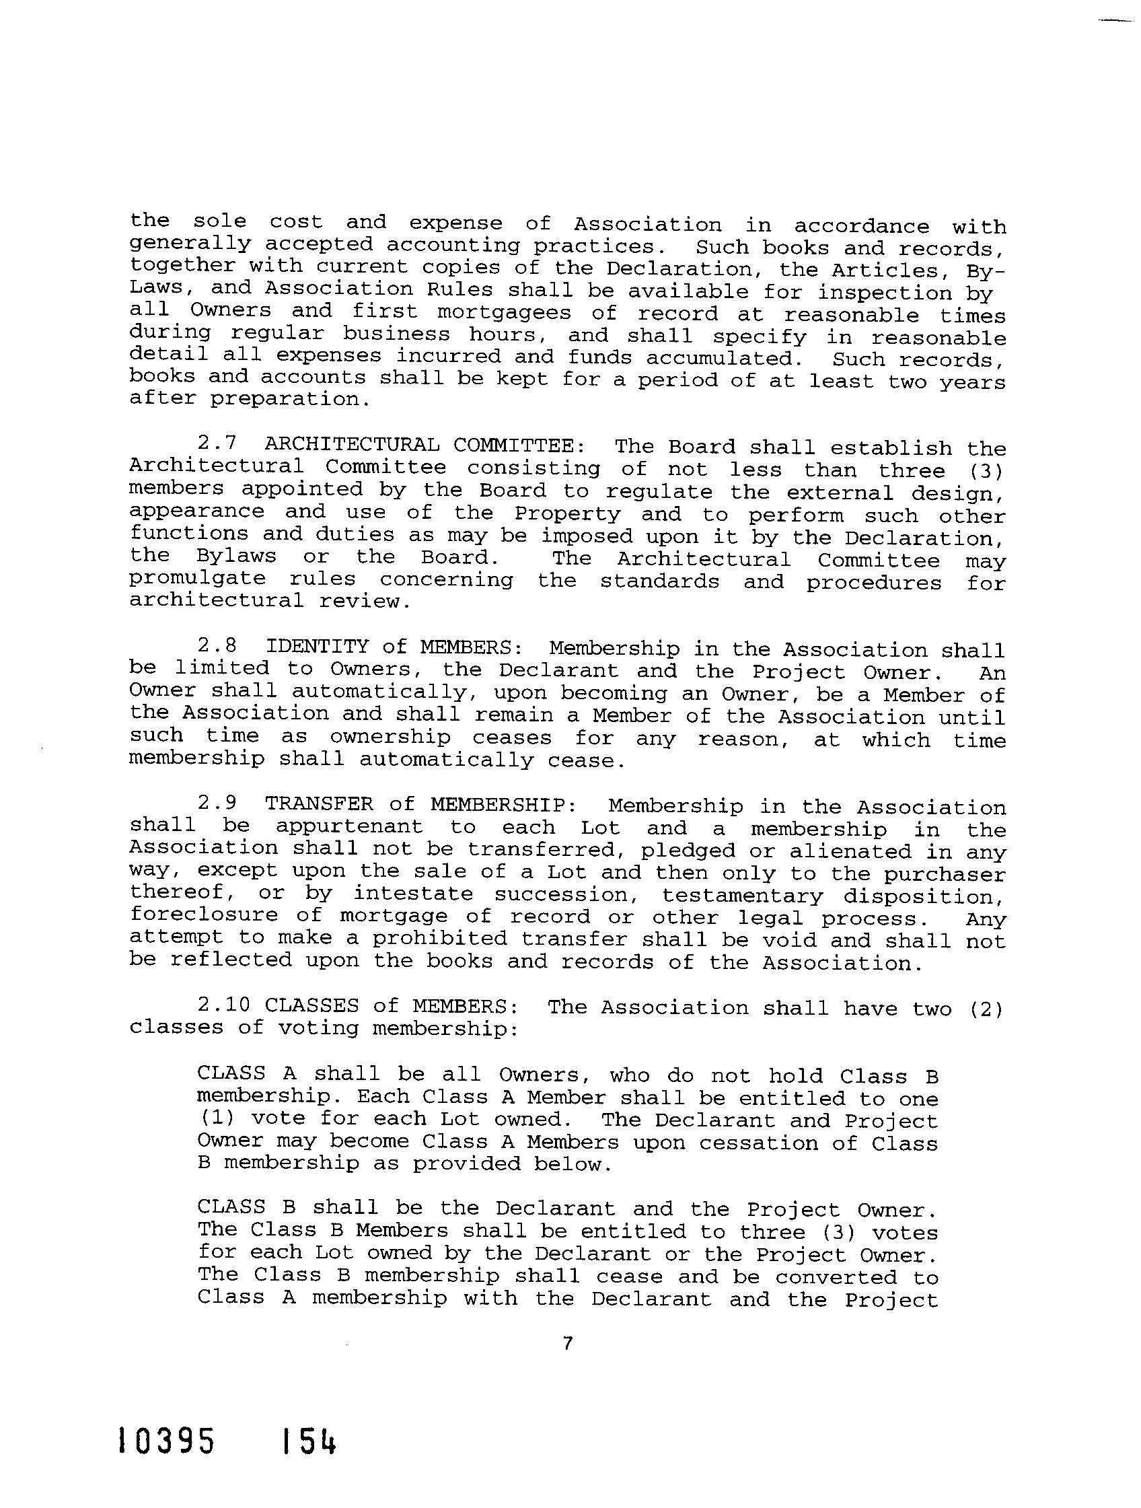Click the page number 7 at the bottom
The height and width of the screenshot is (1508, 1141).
568,1342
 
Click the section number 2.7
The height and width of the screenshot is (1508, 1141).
217,444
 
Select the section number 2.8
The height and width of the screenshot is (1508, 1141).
217,645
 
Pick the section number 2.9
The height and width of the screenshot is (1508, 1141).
217,803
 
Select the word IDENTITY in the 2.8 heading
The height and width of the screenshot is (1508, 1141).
317,646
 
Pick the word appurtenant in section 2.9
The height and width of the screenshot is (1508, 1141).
349,827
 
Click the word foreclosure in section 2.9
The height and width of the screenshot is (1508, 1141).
204,916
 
